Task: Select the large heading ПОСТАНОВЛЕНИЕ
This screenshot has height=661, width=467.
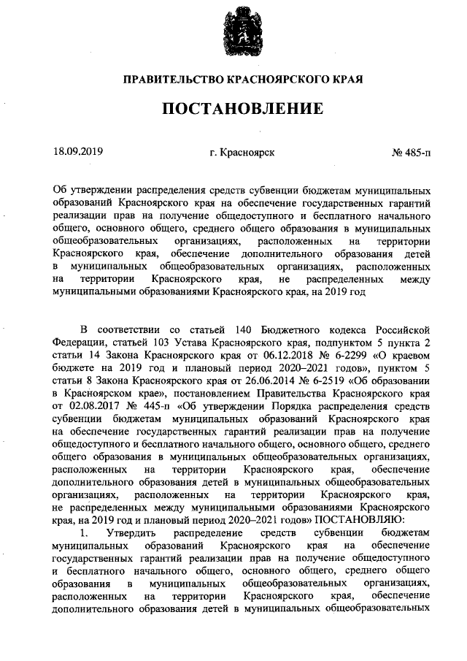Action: tap(242, 110)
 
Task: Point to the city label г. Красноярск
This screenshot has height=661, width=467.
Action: tap(242, 153)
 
